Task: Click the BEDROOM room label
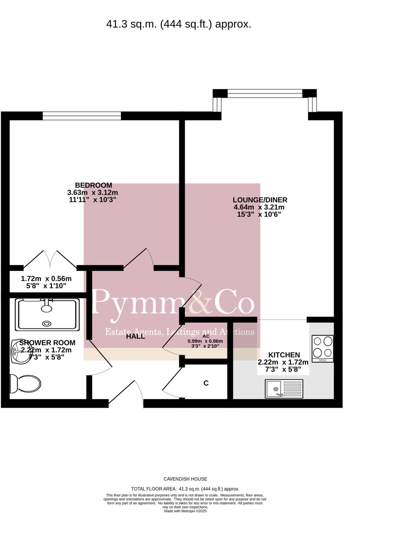click(93, 185)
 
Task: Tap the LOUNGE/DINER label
click(260, 200)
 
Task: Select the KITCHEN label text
click(284, 355)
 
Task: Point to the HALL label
click(135, 336)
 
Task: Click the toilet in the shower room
click(25, 384)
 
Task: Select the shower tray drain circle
click(47, 323)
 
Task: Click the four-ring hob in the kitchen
click(323, 348)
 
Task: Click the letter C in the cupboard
click(206, 383)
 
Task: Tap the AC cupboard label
click(206, 336)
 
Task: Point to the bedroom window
click(82, 116)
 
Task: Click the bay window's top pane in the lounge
click(265, 93)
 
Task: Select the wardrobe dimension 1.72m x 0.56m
click(46, 279)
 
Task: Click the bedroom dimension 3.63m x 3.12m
click(92, 192)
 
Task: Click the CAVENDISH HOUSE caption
click(185, 479)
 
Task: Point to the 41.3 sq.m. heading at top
click(178, 24)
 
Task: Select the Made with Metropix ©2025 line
click(185, 511)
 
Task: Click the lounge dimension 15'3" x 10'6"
click(259, 214)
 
